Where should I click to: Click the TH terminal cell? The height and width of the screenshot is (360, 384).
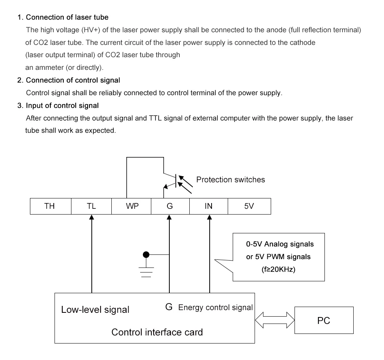pyautogui.click(x=50, y=206)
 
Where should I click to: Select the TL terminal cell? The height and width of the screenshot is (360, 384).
pyautogui.click(x=91, y=206)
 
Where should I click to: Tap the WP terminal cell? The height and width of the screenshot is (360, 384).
pyautogui.click(x=132, y=206)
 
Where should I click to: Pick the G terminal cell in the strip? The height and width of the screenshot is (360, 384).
pyautogui.click(x=170, y=206)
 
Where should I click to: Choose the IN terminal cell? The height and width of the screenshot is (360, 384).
pyautogui.click(x=209, y=206)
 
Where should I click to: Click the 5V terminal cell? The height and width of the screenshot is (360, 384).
pyautogui.click(x=249, y=206)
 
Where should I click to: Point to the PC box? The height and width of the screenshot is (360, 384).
pyautogui.click(x=324, y=320)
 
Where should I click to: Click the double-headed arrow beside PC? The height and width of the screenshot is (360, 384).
pyautogui.click(x=275, y=320)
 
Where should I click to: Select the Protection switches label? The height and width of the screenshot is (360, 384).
pyautogui.click(x=230, y=180)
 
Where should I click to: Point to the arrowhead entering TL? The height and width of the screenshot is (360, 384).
pyautogui.click(x=91, y=218)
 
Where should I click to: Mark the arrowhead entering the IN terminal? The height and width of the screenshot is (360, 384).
pyautogui.click(x=209, y=218)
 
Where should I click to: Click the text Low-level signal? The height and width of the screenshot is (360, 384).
pyautogui.click(x=95, y=309)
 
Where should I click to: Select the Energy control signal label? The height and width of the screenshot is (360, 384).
pyautogui.click(x=215, y=307)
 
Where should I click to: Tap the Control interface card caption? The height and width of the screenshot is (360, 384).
pyautogui.click(x=157, y=332)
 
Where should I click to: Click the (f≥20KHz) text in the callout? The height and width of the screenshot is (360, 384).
pyautogui.click(x=278, y=269)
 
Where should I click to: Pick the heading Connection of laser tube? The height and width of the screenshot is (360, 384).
pyautogui.click(x=67, y=17)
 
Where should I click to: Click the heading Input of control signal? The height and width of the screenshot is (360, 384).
pyautogui.click(x=62, y=106)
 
